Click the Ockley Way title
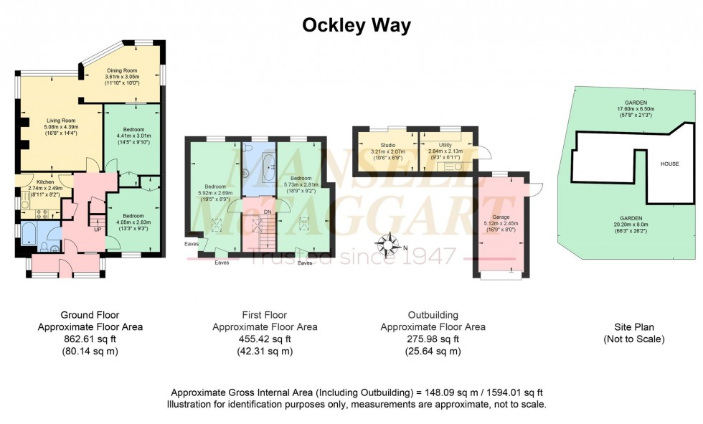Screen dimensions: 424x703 coord(357,26)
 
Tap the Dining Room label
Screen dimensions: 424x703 coord(121,70)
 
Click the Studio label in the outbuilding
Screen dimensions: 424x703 coord(387,146)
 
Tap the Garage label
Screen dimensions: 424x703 coord(500,216)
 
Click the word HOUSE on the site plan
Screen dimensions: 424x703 coord(669,164)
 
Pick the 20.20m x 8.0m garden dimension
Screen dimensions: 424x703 coord(632,224)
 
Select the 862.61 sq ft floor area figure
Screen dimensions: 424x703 coord(90,339)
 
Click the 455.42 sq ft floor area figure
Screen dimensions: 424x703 coord(265,339)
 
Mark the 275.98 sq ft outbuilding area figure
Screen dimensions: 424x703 coord(433,339)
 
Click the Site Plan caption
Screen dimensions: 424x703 coord(633,326)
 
